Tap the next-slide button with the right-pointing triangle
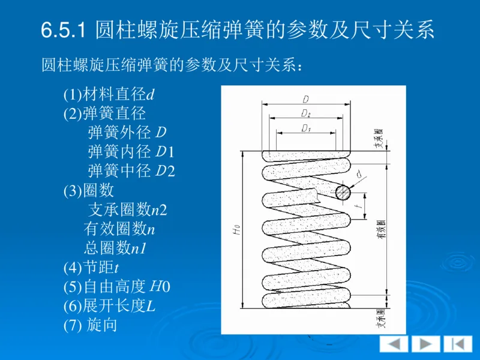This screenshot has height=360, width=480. click(x=425, y=344)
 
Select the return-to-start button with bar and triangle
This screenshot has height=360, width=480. click(x=457, y=344)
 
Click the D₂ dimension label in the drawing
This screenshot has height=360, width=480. click(x=305, y=113)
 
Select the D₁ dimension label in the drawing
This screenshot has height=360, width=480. click(x=305, y=128)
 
